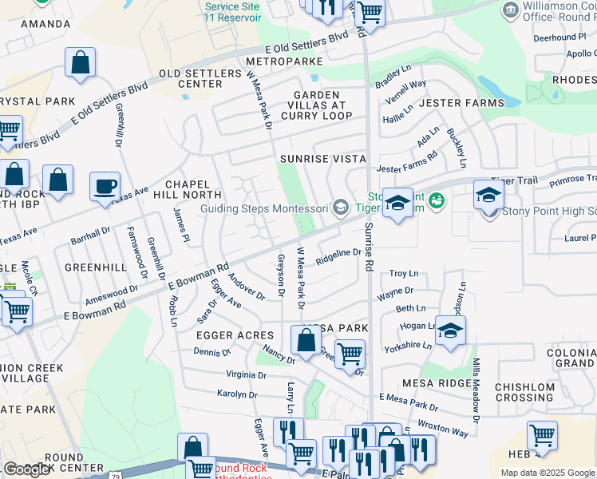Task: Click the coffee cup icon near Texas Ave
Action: pos(105,188)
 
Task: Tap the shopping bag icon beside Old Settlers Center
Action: pos(81,63)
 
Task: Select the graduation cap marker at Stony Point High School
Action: pos(488,195)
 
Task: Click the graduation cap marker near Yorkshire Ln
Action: pos(450,331)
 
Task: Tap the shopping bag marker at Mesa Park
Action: pos(306,340)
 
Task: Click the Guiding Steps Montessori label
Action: pos(264,209)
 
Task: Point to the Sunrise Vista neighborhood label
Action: pos(322,159)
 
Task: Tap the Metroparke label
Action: pos(284,61)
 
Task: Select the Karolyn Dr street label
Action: pos(237,394)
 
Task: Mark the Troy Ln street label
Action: pos(403,274)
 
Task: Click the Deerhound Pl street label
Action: pos(559,38)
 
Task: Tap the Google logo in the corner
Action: pos(27,469)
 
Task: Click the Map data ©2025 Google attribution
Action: pos(548,473)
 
